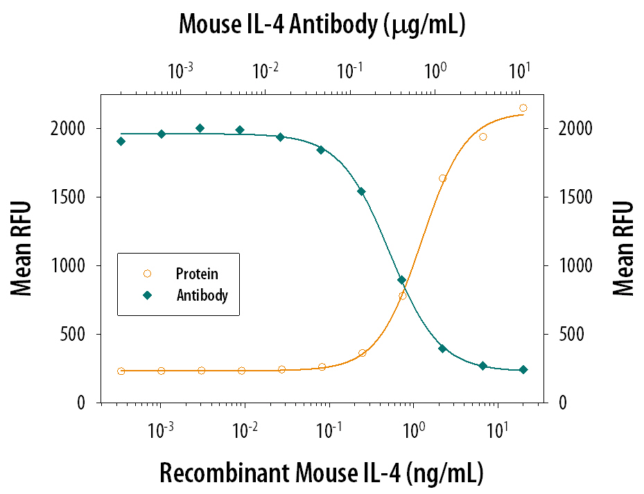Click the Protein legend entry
click(x=196, y=274)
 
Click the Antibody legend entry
click(x=202, y=295)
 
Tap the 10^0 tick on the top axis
click(x=435, y=71)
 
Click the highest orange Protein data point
click(x=523, y=107)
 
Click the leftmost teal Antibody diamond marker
click(x=121, y=141)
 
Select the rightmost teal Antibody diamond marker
click(x=523, y=370)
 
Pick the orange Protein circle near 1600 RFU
click(x=442, y=179)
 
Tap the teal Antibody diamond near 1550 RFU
click(x=361, y=191)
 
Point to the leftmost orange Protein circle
click(x=121, y=371)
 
